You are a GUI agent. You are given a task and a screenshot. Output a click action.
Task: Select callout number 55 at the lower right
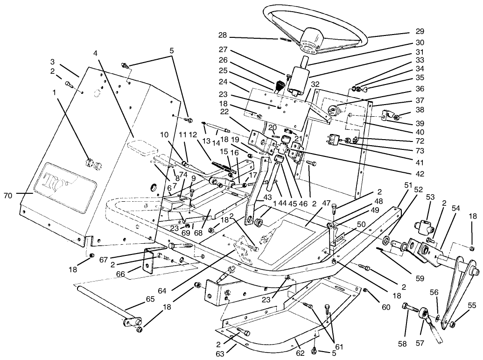pyautogui.click(x=472, y=305)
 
